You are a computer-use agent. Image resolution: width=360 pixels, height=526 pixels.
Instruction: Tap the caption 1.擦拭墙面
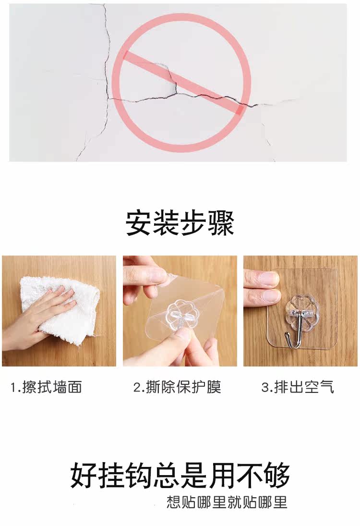pos(46,387)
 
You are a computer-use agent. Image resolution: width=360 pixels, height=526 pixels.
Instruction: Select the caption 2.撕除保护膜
pos(177,387)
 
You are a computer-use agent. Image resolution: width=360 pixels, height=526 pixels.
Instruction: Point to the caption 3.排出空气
pos(298,387)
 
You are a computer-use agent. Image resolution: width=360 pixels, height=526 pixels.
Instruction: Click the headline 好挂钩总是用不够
pos(180,476)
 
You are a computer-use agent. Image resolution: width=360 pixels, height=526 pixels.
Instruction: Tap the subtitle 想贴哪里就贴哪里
pos(227,502)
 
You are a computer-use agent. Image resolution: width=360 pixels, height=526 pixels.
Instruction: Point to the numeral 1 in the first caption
pos(13,387)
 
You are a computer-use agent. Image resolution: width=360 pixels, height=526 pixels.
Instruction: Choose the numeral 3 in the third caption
pos(265,387)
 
